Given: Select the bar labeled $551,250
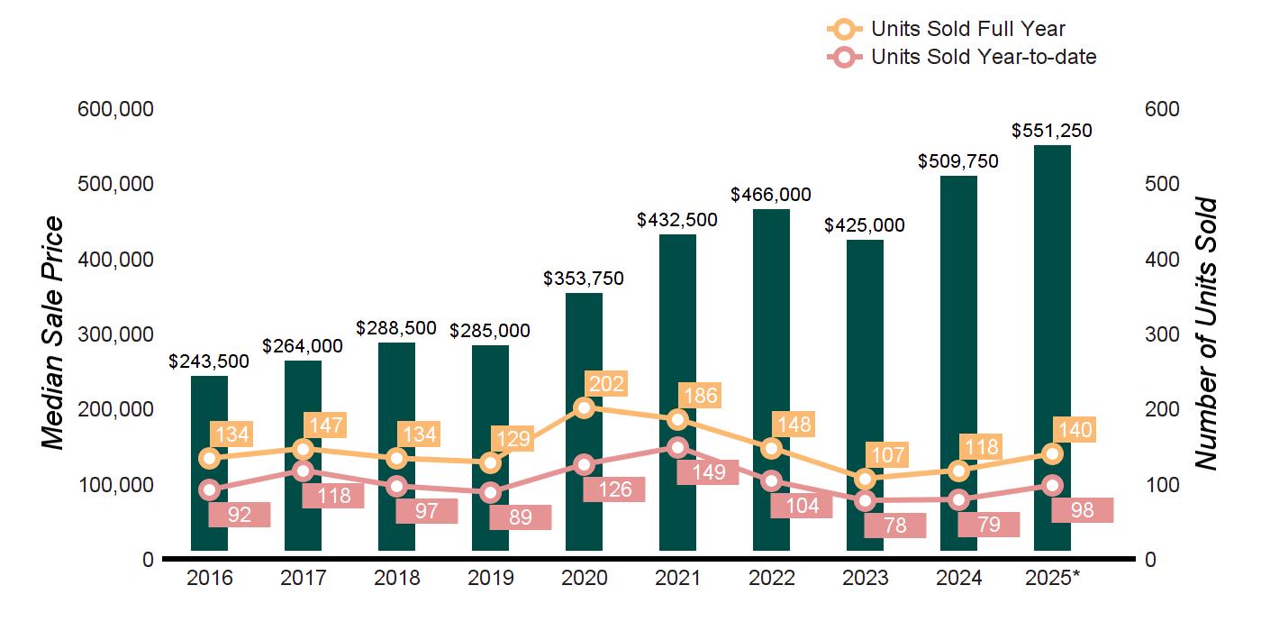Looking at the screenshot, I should tap(1052, 270).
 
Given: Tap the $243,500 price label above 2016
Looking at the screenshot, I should tap(209, 361).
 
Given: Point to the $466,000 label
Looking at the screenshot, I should tap(771, 195).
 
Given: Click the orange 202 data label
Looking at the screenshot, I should tap(605, 383).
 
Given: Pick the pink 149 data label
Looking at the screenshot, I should tap(707, 472).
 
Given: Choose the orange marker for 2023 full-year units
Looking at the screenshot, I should tap(865, 479).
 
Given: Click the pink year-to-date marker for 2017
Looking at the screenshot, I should tap(303, 471).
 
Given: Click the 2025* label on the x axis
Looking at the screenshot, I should tap(1052, 578).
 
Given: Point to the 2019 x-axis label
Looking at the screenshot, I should tap(490, 578).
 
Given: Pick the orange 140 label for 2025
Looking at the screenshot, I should tap(1075, 430).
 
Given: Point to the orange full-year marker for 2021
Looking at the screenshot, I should tap(677, 419).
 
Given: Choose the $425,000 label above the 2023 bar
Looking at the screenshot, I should tap(865, 225).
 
